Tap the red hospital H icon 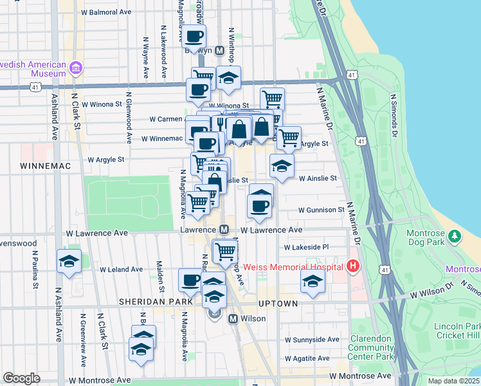click(352, 265)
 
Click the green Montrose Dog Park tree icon click(455, 236)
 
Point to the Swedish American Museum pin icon click(76, 67)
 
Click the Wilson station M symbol click(233, 318)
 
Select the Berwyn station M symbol click(219, 50)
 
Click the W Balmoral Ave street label click(106, 12)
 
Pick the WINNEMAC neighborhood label click(40, 165)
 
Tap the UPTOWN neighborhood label click(278, 303)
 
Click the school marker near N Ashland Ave click(69, 261)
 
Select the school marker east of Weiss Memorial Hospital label click(313, 281)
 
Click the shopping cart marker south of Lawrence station click(225, 251)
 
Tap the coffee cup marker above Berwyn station click(195, 35)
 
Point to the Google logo click(21, 378)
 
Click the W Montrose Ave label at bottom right click(359, 376)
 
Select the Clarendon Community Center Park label click(371, 347)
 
